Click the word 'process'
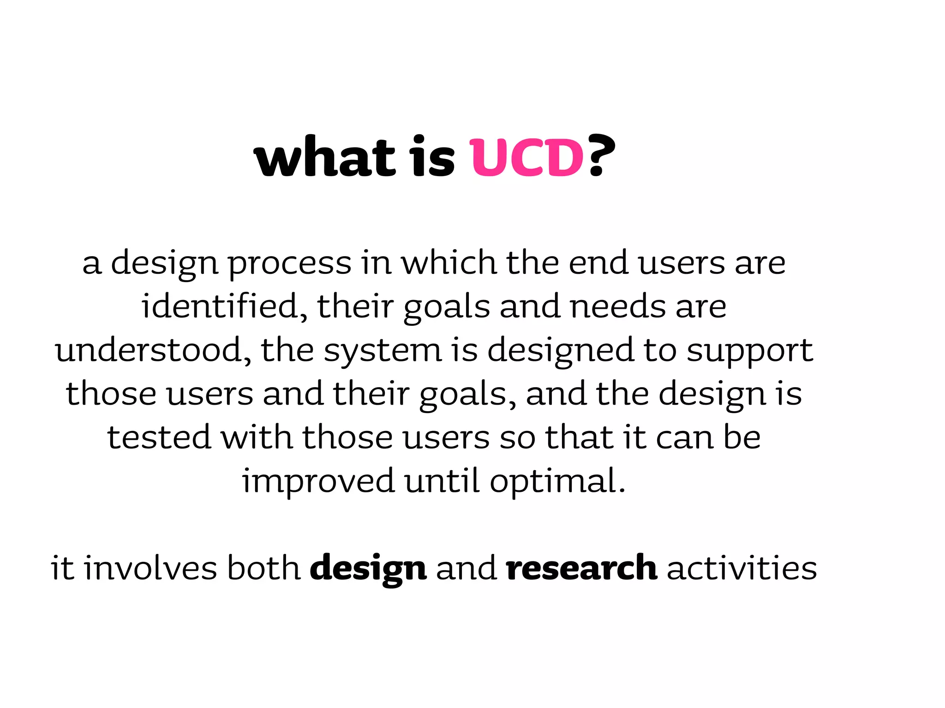point(290,264)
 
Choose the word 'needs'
point(618,307)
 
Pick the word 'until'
point(442,481)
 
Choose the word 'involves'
point(150,568)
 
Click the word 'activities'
point(742,568)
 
